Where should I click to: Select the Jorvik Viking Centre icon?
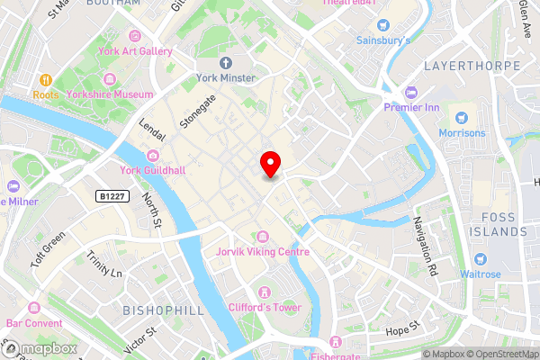(x=262, y=236)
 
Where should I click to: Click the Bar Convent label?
(x=34, y=323)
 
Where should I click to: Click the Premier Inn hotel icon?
(x=411, y=92)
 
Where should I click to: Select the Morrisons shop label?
(x=462, y=133)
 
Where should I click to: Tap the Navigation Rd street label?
(x=425, y=245)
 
